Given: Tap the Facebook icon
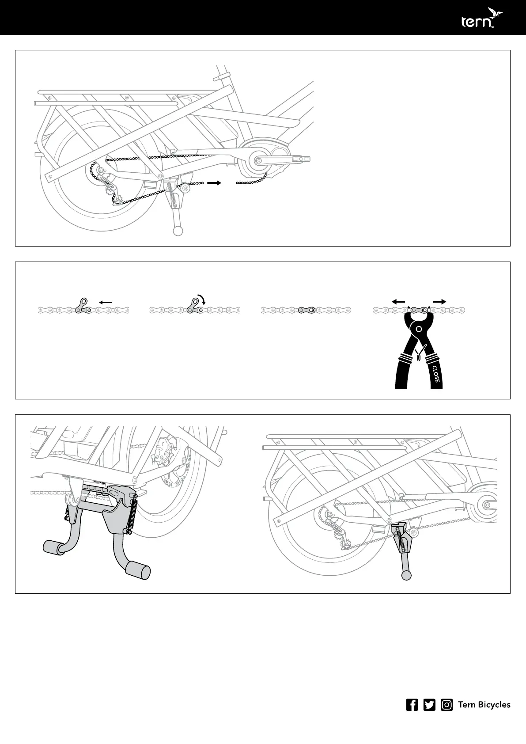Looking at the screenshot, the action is (412, 705).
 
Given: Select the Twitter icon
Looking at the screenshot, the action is (429, 705).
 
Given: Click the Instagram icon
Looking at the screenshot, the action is (447, 705).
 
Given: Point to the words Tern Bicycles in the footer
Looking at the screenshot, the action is (484, 705).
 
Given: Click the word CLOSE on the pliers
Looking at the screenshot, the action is (435, 374).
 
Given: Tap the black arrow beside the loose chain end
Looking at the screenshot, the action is (214, 182).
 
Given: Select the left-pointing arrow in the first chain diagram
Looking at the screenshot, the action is (106, 302).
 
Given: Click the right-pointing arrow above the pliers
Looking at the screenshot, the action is (439, 301).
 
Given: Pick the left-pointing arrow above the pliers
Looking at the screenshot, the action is (398, 301).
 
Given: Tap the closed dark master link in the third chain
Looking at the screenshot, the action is (306, 310).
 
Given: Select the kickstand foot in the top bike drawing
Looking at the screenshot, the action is (178, 231).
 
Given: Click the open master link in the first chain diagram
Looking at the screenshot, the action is (82, 307).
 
